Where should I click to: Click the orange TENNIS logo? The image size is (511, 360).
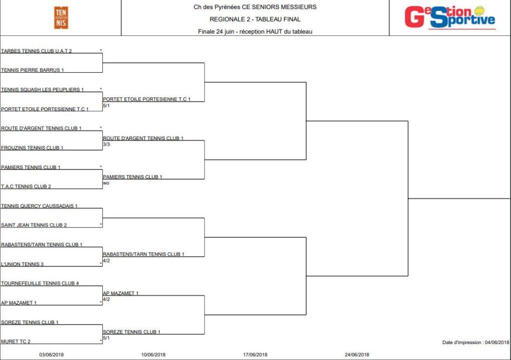pyautogui.click(x=61, y=18)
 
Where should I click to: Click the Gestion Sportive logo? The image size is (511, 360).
pyautogui.click(x=450, y=17)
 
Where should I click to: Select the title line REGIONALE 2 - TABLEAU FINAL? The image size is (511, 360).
pyautogui.click(x=255, y=19)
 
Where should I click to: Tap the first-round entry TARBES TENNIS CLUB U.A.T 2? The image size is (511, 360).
pyautogui.click(x=36, y=51)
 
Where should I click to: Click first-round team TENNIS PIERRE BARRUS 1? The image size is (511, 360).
pyautogui.click(x=32, y=70)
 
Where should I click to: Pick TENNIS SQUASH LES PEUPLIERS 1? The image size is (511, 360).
pyautogui.click(x=42, y=90)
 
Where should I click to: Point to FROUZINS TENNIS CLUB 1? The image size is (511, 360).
pyautogui.click(x=32, y=148)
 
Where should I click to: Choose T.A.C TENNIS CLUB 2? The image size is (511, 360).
pyautogui.click(x=26, y=186)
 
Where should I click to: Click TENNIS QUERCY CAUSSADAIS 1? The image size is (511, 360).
pyautogui.click(x=39, y=206)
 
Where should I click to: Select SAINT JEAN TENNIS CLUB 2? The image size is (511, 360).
pyautogui.click(x=34, y=225)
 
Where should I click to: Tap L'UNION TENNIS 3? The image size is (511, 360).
pyautogui.click(x=22, y=264)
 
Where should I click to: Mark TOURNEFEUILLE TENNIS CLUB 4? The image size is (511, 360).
pyautogui.click(x=40, y=283)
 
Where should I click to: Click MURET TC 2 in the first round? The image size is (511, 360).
pyautogui.click(x=15, y=342)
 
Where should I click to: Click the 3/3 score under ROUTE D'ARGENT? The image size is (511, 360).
pyautogui.click(x=106, y=144)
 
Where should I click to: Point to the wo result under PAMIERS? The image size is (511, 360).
pyautogui.click(x=106, y=183)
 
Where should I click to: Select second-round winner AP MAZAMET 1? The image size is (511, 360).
pyautogui.click(x=121, y=293)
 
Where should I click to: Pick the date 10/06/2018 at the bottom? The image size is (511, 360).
pyautogui.click(x=153, y=355)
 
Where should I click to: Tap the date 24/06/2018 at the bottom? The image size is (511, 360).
pyautogui.click(x=357, y=355)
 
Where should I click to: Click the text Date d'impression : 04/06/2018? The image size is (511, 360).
pyautogui.click(x=476, y=343)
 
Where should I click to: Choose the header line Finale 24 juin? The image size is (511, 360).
pyautogui.click(x=255, y=31)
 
